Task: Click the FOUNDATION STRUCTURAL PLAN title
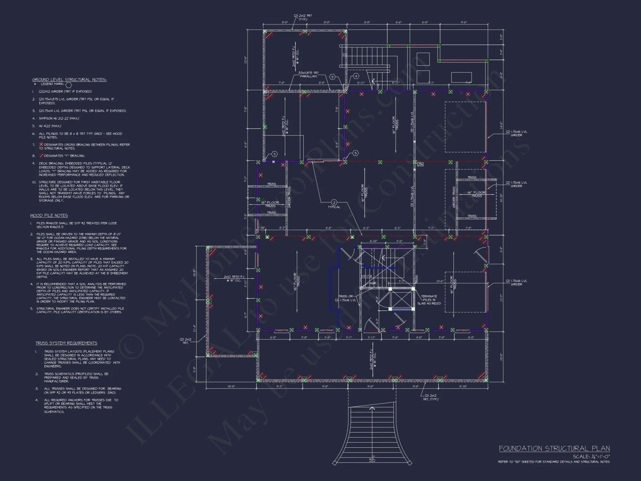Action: [554, 449]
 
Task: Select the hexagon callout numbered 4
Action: [356, 76]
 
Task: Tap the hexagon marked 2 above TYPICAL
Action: [334, 202]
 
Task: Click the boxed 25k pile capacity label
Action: [420, 164]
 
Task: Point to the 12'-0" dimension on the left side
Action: [246, 60]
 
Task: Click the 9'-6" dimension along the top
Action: [464, 22]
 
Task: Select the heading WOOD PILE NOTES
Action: [49, 215]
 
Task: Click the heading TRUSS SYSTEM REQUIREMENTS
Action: [66, 343]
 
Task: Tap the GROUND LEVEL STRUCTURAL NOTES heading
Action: [69, 80]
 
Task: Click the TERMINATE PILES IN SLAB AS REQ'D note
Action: [429, 300]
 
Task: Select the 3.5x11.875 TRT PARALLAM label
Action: [308, 74]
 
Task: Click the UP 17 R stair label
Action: [367, 276]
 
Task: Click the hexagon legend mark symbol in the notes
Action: [68, 85]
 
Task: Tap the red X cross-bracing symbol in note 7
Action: [41, 145]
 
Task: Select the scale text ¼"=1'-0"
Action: [591, 456]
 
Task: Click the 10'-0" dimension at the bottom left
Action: [231, 386]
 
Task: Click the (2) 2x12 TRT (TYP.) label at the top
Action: [303, 17]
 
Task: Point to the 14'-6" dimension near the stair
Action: [440, 281]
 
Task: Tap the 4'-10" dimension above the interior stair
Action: [373, 241]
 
